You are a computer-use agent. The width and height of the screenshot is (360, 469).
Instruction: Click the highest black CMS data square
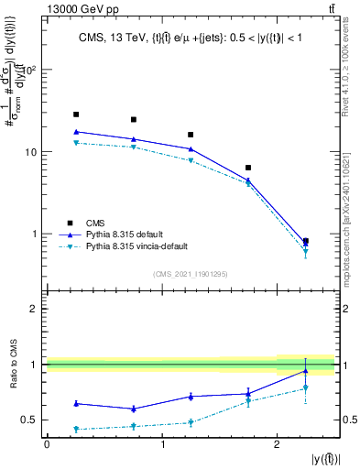pyautogui.click(x=76, y=115)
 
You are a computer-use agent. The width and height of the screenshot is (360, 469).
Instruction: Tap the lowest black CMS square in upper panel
pyautogui.click(x=306, y=241)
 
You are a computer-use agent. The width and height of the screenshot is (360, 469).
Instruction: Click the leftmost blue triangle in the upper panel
pyautogui.click(x=76, y=132)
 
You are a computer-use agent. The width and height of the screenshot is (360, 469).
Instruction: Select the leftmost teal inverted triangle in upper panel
pyautogui.click(x=76, y=143)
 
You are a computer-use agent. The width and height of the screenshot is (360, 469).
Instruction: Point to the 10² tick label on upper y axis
pyautogui.click(x=28, y=70)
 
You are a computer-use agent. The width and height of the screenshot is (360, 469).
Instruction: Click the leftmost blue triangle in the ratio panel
pyautogui.click(x=76, y=403)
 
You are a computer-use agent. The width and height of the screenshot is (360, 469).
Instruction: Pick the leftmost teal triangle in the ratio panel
pyautogui.click(x=76, y=429)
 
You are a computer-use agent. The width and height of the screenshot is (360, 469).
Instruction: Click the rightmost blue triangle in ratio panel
pyautogui.click(x=306, y=371)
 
